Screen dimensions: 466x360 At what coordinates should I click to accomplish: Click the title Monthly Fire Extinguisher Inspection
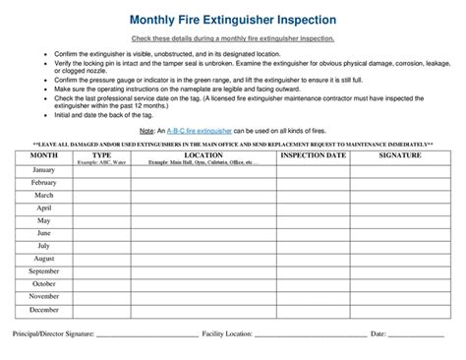point(233,20)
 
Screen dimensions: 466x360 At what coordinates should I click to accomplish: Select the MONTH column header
point(44,155)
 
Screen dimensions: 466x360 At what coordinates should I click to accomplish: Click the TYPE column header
point(101,155)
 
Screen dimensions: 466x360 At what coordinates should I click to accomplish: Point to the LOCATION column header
point(204,155)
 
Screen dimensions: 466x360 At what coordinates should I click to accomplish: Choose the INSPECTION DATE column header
point(313,155)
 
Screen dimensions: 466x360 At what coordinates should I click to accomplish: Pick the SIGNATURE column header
point(400,155)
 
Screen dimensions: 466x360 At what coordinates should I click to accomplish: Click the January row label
point(44,170)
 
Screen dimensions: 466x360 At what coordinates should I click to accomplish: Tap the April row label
point(44,208)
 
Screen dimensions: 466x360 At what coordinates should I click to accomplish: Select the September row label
point(44,271)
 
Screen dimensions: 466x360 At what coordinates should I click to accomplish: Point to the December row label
point(44,310)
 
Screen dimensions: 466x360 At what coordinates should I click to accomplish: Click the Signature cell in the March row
point(400,195)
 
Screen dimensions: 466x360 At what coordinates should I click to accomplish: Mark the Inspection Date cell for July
point(313,246)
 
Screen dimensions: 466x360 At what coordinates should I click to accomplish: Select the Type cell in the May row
point(101,220)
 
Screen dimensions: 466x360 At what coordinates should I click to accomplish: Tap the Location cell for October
point(204,284)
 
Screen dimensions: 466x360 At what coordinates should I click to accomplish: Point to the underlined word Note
point(146,130)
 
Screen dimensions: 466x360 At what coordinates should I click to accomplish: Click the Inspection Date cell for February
point(313,182)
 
